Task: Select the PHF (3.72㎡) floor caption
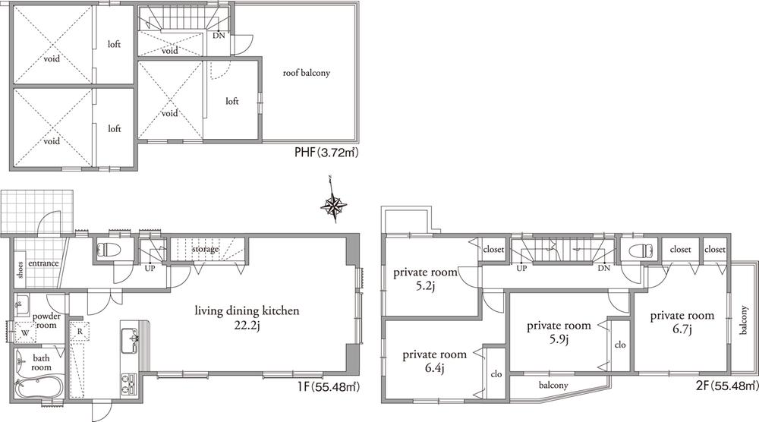[326, 153]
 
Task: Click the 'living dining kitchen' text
[247, 310]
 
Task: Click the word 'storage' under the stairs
[205, 249]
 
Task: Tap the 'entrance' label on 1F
[43, 263]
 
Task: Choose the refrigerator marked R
[79, 331]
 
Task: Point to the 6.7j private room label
[681, 322]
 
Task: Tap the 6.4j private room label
[433, 361]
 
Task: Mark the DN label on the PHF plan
[219, 36]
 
